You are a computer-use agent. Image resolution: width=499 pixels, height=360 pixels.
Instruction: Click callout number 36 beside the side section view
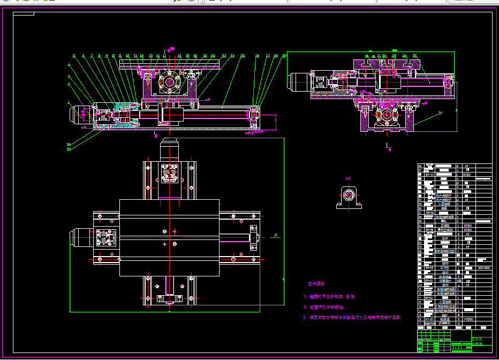coord(440,112)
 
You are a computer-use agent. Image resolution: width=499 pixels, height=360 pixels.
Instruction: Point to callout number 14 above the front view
coord(142,56)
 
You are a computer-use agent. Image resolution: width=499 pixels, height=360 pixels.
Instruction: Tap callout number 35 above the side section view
coord(414,55)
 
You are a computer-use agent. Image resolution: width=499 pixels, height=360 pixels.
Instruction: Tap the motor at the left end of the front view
coord(79,116)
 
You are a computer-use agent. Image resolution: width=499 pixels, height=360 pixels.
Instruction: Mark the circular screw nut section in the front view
coord(169,82)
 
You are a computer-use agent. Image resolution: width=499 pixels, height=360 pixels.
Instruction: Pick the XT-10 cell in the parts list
coord(429,174)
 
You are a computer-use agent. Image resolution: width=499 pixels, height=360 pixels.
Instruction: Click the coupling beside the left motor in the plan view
coord(105,237)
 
